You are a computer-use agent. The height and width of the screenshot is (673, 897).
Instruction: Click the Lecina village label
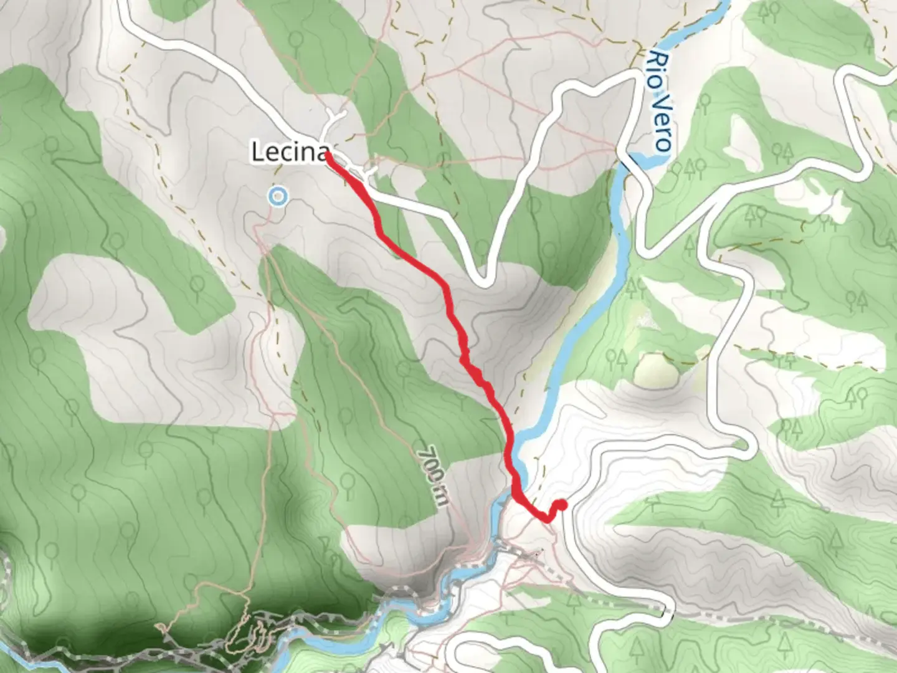tap(290, 153)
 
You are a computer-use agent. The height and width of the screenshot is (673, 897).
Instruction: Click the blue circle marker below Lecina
tap(278, 198)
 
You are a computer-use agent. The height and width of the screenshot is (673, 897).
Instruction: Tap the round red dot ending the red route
tap(561, 505)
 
